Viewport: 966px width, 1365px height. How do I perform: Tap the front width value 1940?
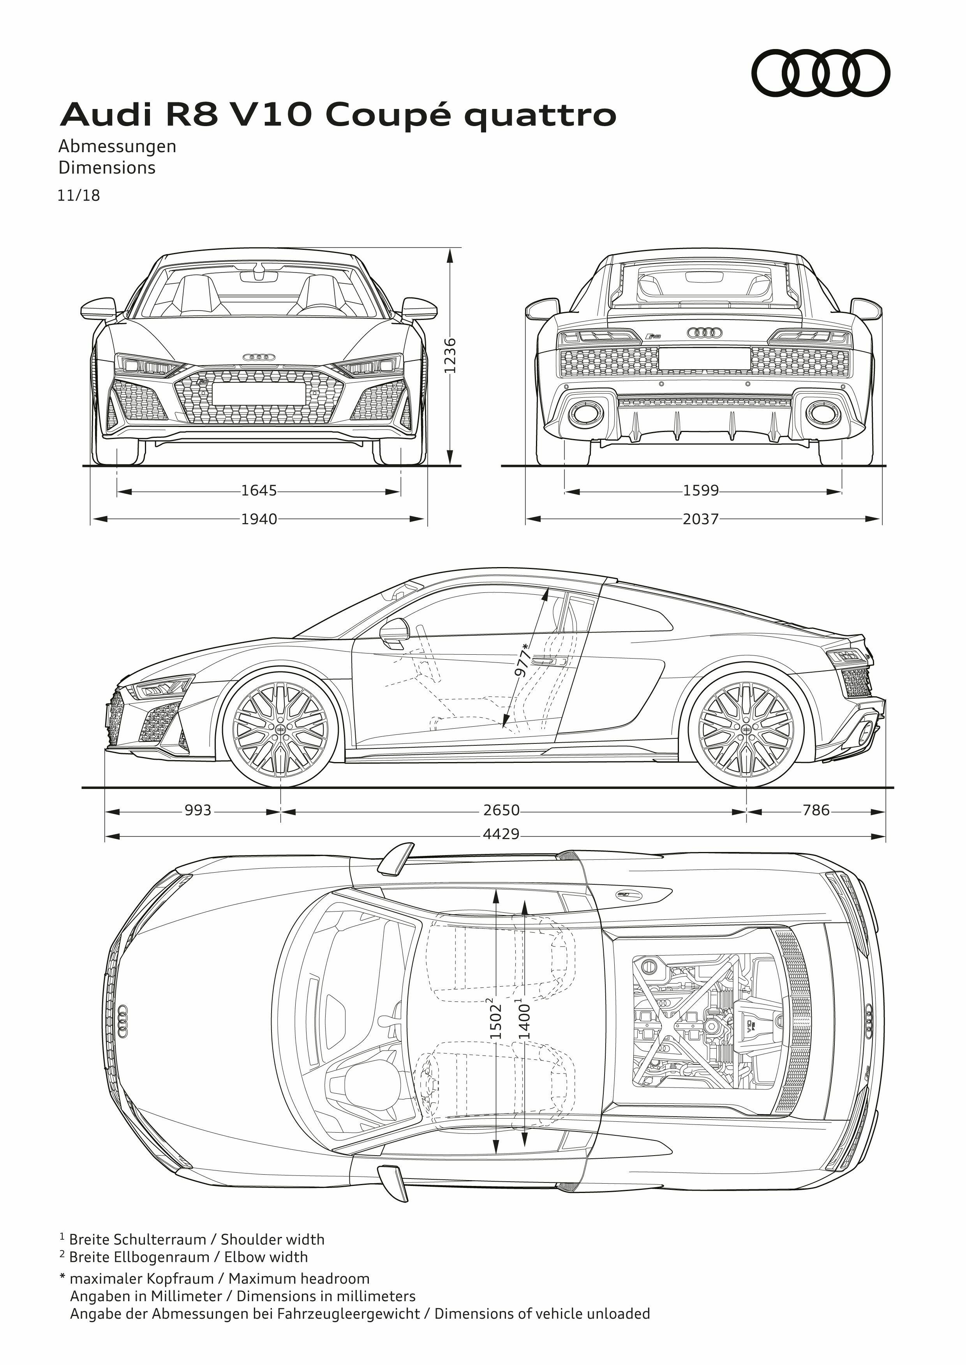click(259, 519)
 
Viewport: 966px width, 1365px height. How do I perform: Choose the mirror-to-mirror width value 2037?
click(701, 519)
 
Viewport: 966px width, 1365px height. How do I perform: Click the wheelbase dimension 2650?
click(501, 811)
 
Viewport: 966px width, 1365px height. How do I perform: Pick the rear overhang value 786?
click(816, 811)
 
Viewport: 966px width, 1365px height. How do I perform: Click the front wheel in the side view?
click(280, 729)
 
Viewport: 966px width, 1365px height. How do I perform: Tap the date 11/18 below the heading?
click(79, 196)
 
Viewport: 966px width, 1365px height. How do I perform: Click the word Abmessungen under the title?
click(117, 146)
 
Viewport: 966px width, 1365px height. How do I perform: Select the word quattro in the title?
click(540, 116)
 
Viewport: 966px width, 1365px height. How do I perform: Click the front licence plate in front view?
click(259, 393)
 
